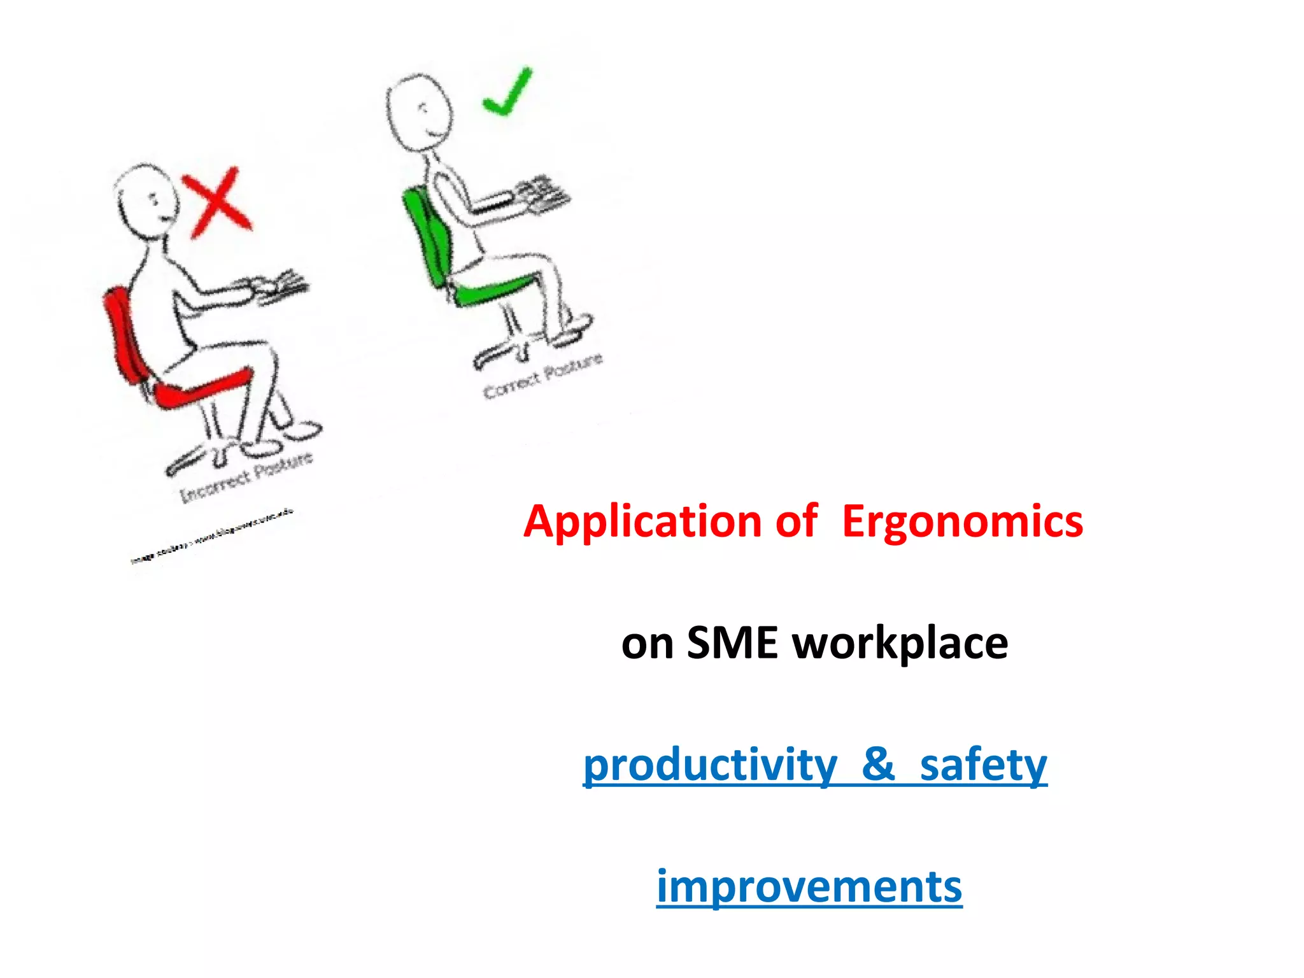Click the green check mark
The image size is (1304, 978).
(507, 92)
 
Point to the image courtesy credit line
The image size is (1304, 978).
(211, 536)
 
